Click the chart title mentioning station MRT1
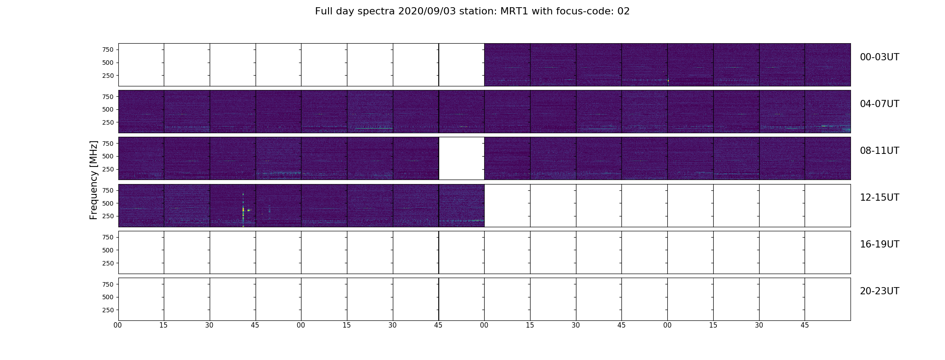coord(472,11)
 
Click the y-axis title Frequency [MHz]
coord(94,180)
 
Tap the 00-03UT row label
coord(879,57)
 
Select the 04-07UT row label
coord(879,104)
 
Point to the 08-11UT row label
coord(879,151)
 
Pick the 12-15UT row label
coord(879,198)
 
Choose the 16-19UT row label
coord(879,244)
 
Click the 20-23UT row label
coord(879,291)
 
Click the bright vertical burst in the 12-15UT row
coord(243,210)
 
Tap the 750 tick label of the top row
coord(108,49)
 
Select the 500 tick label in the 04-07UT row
coord(108,109)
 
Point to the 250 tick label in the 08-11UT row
coord(108,169)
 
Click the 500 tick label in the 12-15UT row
coord(108,203)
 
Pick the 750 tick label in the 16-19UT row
coord(108,237)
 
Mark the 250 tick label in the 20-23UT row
coord(108,310)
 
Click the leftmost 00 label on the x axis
coord(118,325)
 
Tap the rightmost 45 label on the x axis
coord(805,325)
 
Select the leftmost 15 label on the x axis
coord(163,325)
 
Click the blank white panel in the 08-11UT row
coord(462,158)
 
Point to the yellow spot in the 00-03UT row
coord(668,81)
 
